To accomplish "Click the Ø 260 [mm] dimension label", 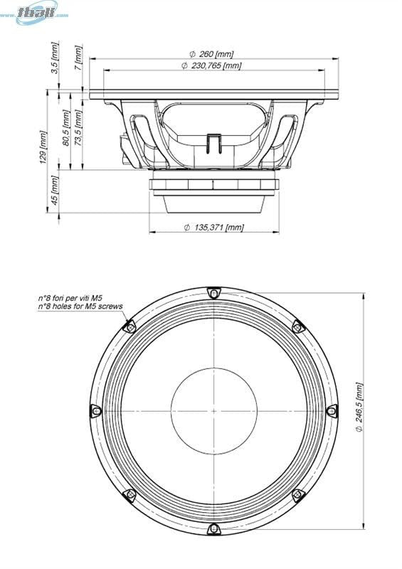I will click(x=211, y=54).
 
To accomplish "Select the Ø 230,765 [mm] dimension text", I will click(x=211, y=65).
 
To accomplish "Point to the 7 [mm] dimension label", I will click(x=79, y=56).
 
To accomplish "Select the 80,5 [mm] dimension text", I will click(x=67, y=128).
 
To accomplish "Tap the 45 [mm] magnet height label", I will click(x=55, y=191).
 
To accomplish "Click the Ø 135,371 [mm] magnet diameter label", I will click(x=213, y=228).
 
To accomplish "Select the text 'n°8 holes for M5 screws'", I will click(x=80, y=307).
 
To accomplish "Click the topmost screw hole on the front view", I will click(x=213, y=292).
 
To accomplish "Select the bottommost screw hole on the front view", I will click(x=213, y=528).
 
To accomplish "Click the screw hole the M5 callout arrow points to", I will click(x=129, y=326).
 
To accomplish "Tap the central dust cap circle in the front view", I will click(x=212, y=410).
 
